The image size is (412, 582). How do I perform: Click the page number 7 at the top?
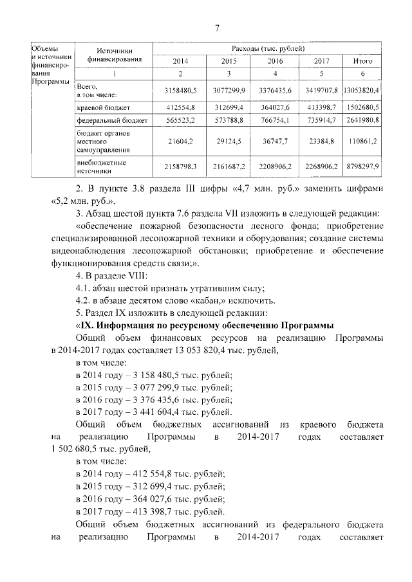[x=217, y=28]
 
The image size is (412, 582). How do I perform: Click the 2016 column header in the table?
[x=275, y=61]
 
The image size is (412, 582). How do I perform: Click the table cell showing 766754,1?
[x=275, y=120]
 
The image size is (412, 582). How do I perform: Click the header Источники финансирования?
[x=115, y=55]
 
